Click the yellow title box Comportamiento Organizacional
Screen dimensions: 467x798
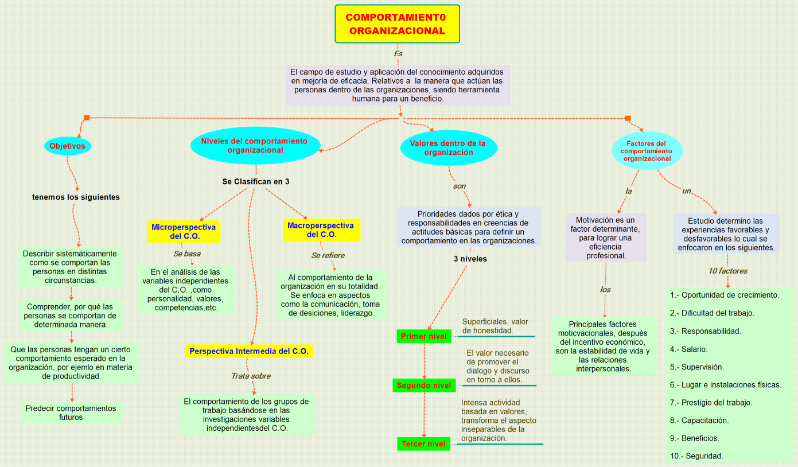(397, 24)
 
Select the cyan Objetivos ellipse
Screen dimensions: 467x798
(67, 146)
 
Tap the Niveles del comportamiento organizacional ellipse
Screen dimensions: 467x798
(254, 146)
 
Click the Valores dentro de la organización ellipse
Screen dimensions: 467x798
(448, 147)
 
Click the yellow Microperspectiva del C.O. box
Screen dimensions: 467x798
(184, 231)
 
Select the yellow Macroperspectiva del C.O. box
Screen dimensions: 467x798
(321, 230)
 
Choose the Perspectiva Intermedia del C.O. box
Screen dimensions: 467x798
(249, 351)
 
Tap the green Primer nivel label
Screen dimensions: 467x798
(423, 336)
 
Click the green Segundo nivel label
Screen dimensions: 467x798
(423, 386)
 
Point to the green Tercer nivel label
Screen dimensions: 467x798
(423, 444)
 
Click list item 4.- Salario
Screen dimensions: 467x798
(695, 349)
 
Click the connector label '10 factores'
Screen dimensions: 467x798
(727, 271)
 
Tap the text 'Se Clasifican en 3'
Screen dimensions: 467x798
(256, 181)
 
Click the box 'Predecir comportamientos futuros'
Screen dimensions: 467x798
(71, 412)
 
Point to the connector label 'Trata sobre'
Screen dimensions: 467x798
(251, 376)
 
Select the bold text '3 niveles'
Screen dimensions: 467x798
(470, 259)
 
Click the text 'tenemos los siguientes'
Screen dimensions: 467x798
(76, 197)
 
